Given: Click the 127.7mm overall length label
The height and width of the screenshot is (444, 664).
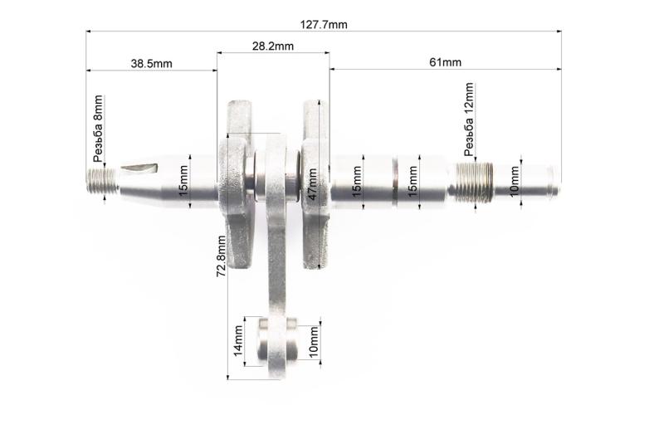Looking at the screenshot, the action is click(324, 25).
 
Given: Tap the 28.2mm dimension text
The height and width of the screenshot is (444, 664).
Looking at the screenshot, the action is click(273, 46).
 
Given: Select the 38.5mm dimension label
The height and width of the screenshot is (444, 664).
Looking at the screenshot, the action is click(151, 64).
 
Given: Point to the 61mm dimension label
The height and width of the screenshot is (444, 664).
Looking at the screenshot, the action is click(445, 62).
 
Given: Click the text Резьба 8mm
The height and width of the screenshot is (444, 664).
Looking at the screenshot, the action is click(98, 129).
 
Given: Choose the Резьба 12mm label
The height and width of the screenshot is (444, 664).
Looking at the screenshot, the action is click(468, 120).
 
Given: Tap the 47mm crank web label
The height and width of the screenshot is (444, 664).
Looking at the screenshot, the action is click(312, 184).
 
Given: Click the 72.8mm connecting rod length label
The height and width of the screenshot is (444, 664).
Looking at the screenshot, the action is click(221, 256).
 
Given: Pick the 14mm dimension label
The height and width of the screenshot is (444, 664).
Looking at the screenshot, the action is click(238, 340).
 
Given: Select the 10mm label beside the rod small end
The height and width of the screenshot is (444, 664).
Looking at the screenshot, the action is click(314, 342).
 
